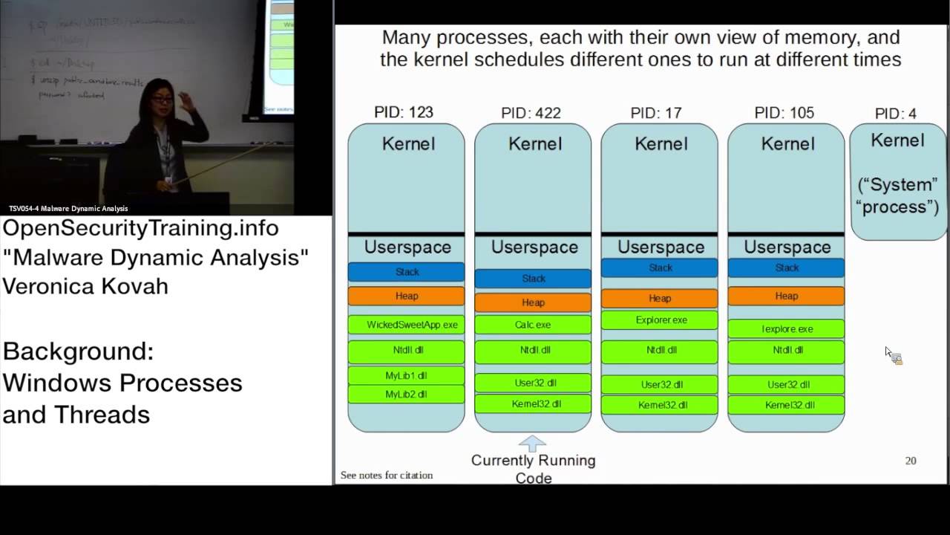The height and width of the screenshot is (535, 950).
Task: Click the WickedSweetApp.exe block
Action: (406, 325)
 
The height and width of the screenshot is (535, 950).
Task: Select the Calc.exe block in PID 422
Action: (533, 325)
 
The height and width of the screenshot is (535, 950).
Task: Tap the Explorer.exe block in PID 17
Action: (659, 320)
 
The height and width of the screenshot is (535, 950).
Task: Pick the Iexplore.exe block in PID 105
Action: (786, 328)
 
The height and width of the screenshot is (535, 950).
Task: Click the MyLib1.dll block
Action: (406, 375)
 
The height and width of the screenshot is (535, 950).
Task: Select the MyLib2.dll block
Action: (406, 394)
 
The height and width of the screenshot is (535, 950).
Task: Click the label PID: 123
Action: (404, 112)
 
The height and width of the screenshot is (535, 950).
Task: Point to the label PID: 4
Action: (895, 114)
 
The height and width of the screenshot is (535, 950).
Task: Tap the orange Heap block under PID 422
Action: (533, 302)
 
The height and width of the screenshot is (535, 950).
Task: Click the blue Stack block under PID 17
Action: (659, 267)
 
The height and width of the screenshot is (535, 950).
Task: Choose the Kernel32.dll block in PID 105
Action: (786, 405)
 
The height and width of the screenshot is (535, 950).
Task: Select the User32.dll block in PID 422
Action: (533, 383)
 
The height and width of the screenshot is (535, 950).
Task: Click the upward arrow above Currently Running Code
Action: (532, 444)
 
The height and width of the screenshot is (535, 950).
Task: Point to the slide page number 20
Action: (911, 461)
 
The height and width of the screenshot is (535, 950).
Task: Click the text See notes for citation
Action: (386, 476)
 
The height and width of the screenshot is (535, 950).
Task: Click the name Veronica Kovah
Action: (85, 287)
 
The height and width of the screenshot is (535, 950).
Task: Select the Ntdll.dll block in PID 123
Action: (406, 350)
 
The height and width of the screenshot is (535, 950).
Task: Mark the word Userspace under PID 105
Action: (787, 247)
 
